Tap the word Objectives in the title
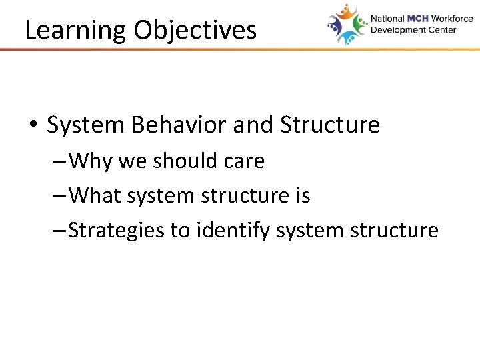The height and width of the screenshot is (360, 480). (195, 31)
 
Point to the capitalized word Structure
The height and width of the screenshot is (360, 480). (330, 125)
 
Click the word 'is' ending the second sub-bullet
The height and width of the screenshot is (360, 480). (302, 195)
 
